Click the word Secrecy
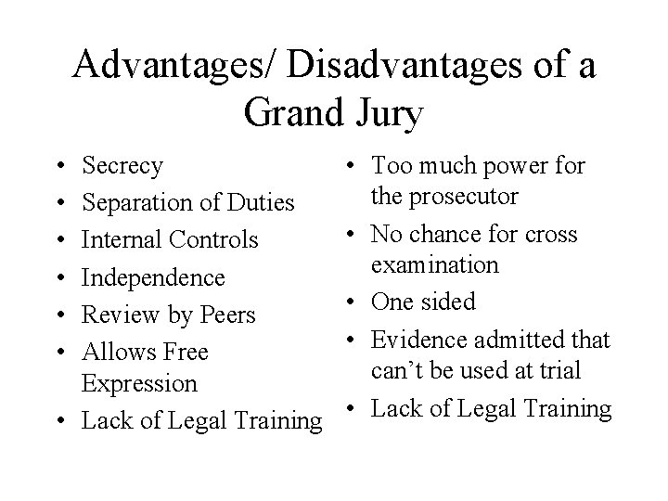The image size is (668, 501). [x=122, y=166]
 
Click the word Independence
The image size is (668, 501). [x=153, y=277]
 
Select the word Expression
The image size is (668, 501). [x=139, y=383]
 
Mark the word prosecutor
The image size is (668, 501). [x=443, y=197]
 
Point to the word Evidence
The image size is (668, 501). [x=415, y=340]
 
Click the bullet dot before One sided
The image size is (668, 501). [x=353, y=302]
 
